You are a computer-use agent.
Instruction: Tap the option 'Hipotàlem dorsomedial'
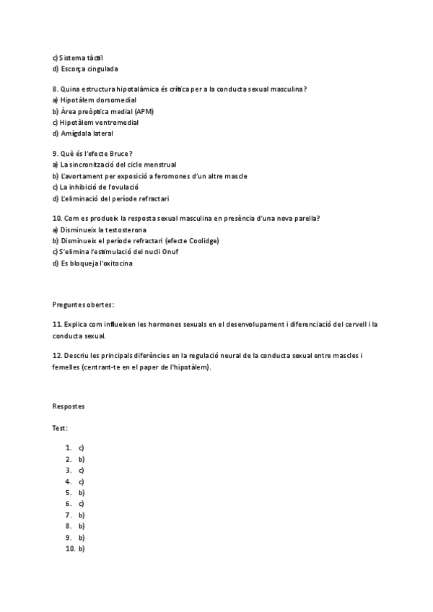coord(98,100)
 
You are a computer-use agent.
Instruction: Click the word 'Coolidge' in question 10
coord(202,240)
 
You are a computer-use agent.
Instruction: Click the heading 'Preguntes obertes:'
coord(84,305)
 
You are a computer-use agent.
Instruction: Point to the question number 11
coord(57,325)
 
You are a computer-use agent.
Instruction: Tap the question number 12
coord(57,356)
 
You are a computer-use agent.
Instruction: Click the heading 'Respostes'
coord(69,406)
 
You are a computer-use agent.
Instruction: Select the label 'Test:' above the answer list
coord(61,428)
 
